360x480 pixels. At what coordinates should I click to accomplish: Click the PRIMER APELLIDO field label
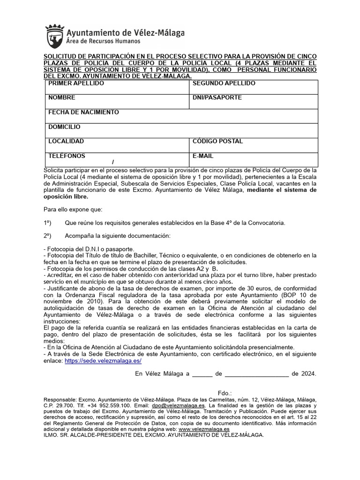coord(76,83)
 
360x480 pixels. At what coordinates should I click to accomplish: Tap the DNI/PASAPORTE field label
coord(217,98)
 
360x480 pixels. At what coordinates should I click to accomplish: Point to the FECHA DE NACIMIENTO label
coord(83,112)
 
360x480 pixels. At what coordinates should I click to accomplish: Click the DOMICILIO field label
coord(64,127)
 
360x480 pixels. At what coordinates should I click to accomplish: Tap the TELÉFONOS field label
coord(67,156)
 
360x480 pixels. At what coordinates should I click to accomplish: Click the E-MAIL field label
coord(203,156)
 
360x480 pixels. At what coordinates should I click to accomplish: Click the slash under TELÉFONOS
coord(113,162)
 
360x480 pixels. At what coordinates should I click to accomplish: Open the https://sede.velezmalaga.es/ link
coord(103,361)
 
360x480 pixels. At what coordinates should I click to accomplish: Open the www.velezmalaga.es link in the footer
coord(204,429)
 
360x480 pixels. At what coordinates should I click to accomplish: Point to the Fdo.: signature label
coord(225,393)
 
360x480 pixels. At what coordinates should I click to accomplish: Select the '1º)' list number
coord(47,222)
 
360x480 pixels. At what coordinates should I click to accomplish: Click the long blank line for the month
coord(257,375)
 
